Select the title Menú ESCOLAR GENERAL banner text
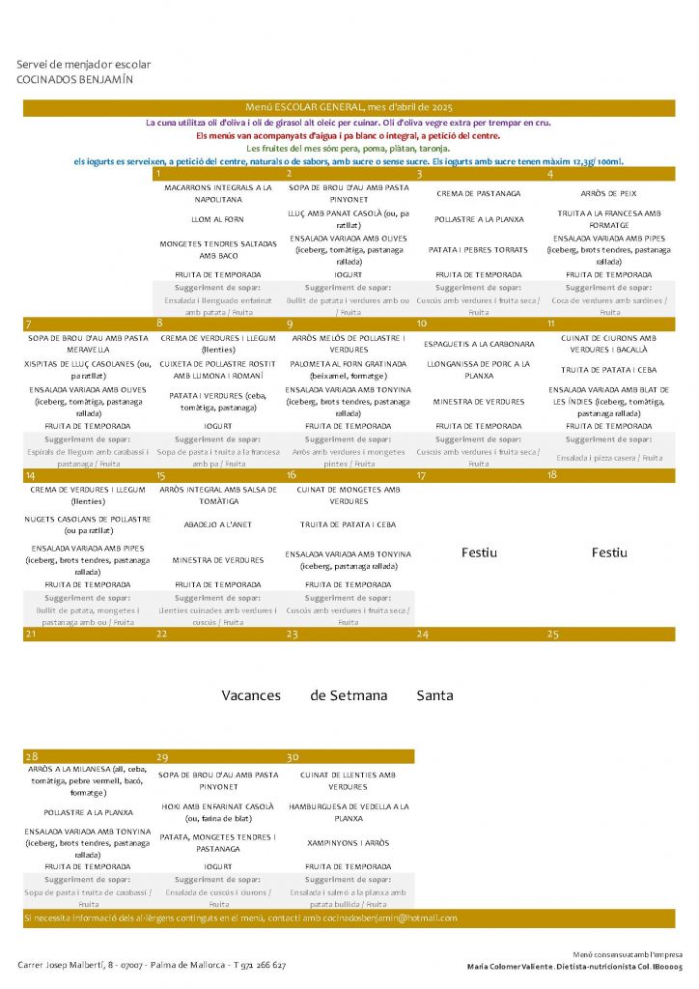tap(349, 107)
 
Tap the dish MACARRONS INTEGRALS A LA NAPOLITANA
tap(218, 192)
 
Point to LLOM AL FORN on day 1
tap(218, 219)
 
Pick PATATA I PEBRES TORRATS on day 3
tap(479, 249)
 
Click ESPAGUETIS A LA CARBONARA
tap(479, 344)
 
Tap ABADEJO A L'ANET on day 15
tap(218, 525)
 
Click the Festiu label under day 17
tap(479, 552)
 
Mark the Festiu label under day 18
tap(608, 552)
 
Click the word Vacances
tap(251, 695)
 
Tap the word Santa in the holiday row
tap(434, 695)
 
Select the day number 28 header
tap(32, 757)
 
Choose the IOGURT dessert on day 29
tap(218, 866)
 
